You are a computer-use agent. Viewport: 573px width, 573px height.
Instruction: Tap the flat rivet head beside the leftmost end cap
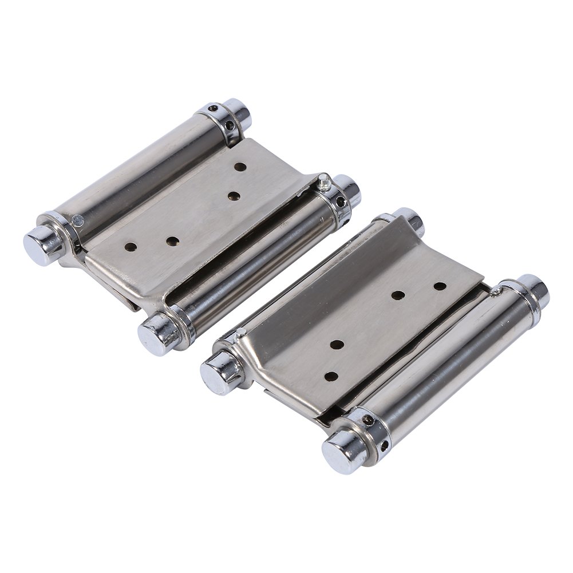click(x=77, y=218)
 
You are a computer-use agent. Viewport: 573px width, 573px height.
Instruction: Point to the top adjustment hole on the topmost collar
click(x=213, y=108)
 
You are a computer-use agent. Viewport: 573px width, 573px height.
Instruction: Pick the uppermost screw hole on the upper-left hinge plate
click(x=241, y=168)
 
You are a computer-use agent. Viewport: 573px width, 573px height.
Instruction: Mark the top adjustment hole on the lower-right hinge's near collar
click(x=370, y=421)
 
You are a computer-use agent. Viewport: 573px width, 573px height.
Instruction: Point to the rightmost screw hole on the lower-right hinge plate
click(x=440, y=284)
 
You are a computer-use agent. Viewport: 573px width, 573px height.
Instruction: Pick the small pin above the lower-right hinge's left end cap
click(x=243, y=332)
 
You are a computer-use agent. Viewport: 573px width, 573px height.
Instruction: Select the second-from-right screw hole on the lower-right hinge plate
click(x=398, y=295)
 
